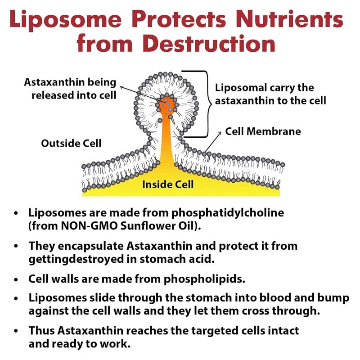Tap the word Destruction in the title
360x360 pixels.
(208, 45)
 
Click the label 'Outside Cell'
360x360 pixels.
(71, 143)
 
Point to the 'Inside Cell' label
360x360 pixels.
(168, 184)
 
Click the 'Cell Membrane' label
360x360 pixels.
(263, 132)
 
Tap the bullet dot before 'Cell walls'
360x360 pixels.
(17, 280)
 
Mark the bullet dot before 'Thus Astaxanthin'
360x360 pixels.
(17, 331)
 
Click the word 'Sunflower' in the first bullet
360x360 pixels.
(152, 226)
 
